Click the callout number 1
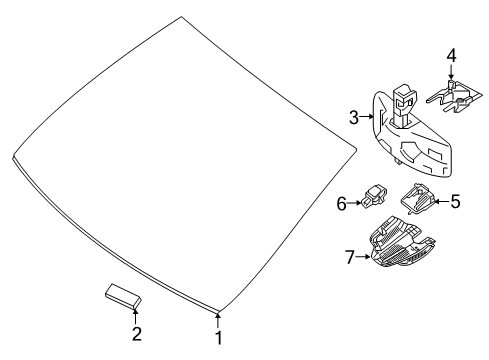coord(218,338)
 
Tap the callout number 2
coord(137,334)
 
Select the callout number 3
coord(354,117)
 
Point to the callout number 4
coord(451,56)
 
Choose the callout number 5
coord(455,201)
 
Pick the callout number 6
coord(342,203)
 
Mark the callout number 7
coord(349,257)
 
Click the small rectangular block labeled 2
coord(123,296)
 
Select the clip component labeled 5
coord(417,198)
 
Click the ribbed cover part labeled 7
coord(402,242)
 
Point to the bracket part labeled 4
coord(454,96)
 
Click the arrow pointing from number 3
coord(367,117)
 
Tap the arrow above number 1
coord(218,320)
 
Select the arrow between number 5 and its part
coord(442,201)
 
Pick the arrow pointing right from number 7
coord(363,257)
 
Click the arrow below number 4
coord(451,72)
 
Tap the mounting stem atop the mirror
coord(403,105)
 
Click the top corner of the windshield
coord(181,16)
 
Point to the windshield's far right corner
coord(356,148)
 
